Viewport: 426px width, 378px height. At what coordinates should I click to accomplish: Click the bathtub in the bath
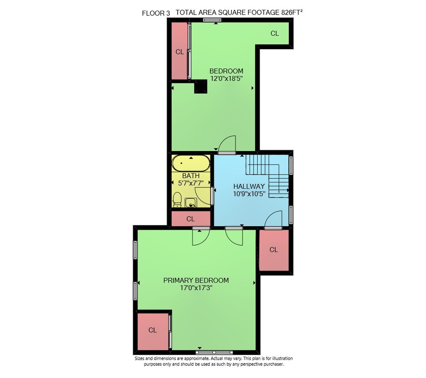[191, 163]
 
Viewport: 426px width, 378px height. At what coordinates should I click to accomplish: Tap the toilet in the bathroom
[177, 200]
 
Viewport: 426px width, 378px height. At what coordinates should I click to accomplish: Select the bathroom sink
[191, 203]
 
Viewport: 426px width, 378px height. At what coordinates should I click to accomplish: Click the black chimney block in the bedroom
[201, 87]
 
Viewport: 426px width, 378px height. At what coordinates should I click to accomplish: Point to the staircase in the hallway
[268, 176]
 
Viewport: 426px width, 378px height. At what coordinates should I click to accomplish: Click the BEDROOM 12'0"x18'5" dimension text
[226, 79]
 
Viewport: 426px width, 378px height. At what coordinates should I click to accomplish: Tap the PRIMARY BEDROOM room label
[196, 280]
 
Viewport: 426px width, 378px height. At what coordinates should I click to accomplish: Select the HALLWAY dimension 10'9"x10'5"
[249, 194]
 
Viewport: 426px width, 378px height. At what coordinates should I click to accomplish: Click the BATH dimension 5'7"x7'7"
[191, 183]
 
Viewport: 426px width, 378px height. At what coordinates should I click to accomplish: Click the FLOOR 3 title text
[156, 13]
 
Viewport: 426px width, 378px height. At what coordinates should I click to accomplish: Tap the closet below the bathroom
[191, 218]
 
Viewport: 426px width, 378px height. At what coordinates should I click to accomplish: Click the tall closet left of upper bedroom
[179, 51]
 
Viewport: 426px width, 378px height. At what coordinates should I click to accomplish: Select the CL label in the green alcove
[275, 33]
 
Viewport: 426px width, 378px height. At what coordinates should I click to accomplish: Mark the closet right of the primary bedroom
[274, 250]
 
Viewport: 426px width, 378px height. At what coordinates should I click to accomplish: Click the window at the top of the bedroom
[212, 20]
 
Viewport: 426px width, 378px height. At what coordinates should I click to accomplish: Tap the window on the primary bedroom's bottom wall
[214, 352]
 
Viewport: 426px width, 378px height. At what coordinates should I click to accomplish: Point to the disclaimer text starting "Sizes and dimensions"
[213, 361]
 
